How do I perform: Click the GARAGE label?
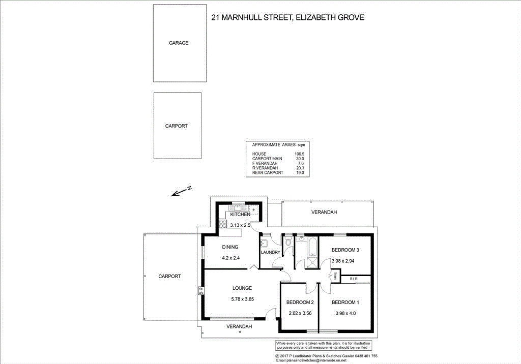pos(179,43)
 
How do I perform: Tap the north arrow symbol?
pos(180,192)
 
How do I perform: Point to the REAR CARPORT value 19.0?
pos(299,173)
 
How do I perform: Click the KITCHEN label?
pos(240,215)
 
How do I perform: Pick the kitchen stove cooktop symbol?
pos(223,224)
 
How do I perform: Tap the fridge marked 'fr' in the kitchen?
pos(253,209)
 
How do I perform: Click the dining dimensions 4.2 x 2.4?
pos(230,258)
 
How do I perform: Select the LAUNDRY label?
pos(271,252)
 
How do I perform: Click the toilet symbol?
pos(289,242)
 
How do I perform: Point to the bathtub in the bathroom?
pos(311,248)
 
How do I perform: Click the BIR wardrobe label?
pos(354,279)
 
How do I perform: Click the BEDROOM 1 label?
pos(345,303)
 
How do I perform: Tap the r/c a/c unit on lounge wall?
pos(201,291)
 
